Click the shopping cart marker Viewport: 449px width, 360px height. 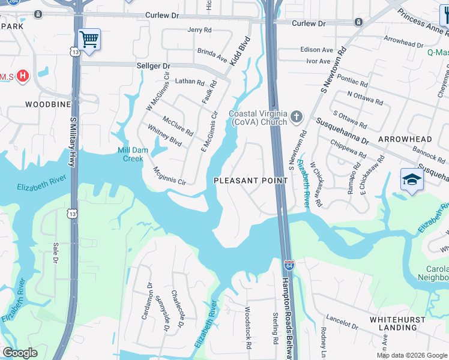89,40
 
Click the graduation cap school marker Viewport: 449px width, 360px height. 412,180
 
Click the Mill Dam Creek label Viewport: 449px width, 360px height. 130,155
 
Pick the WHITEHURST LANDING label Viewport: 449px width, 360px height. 402,323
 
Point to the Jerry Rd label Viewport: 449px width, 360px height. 200,29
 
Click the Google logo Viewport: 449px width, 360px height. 20,353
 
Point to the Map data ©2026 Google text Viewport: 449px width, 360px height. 411,355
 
